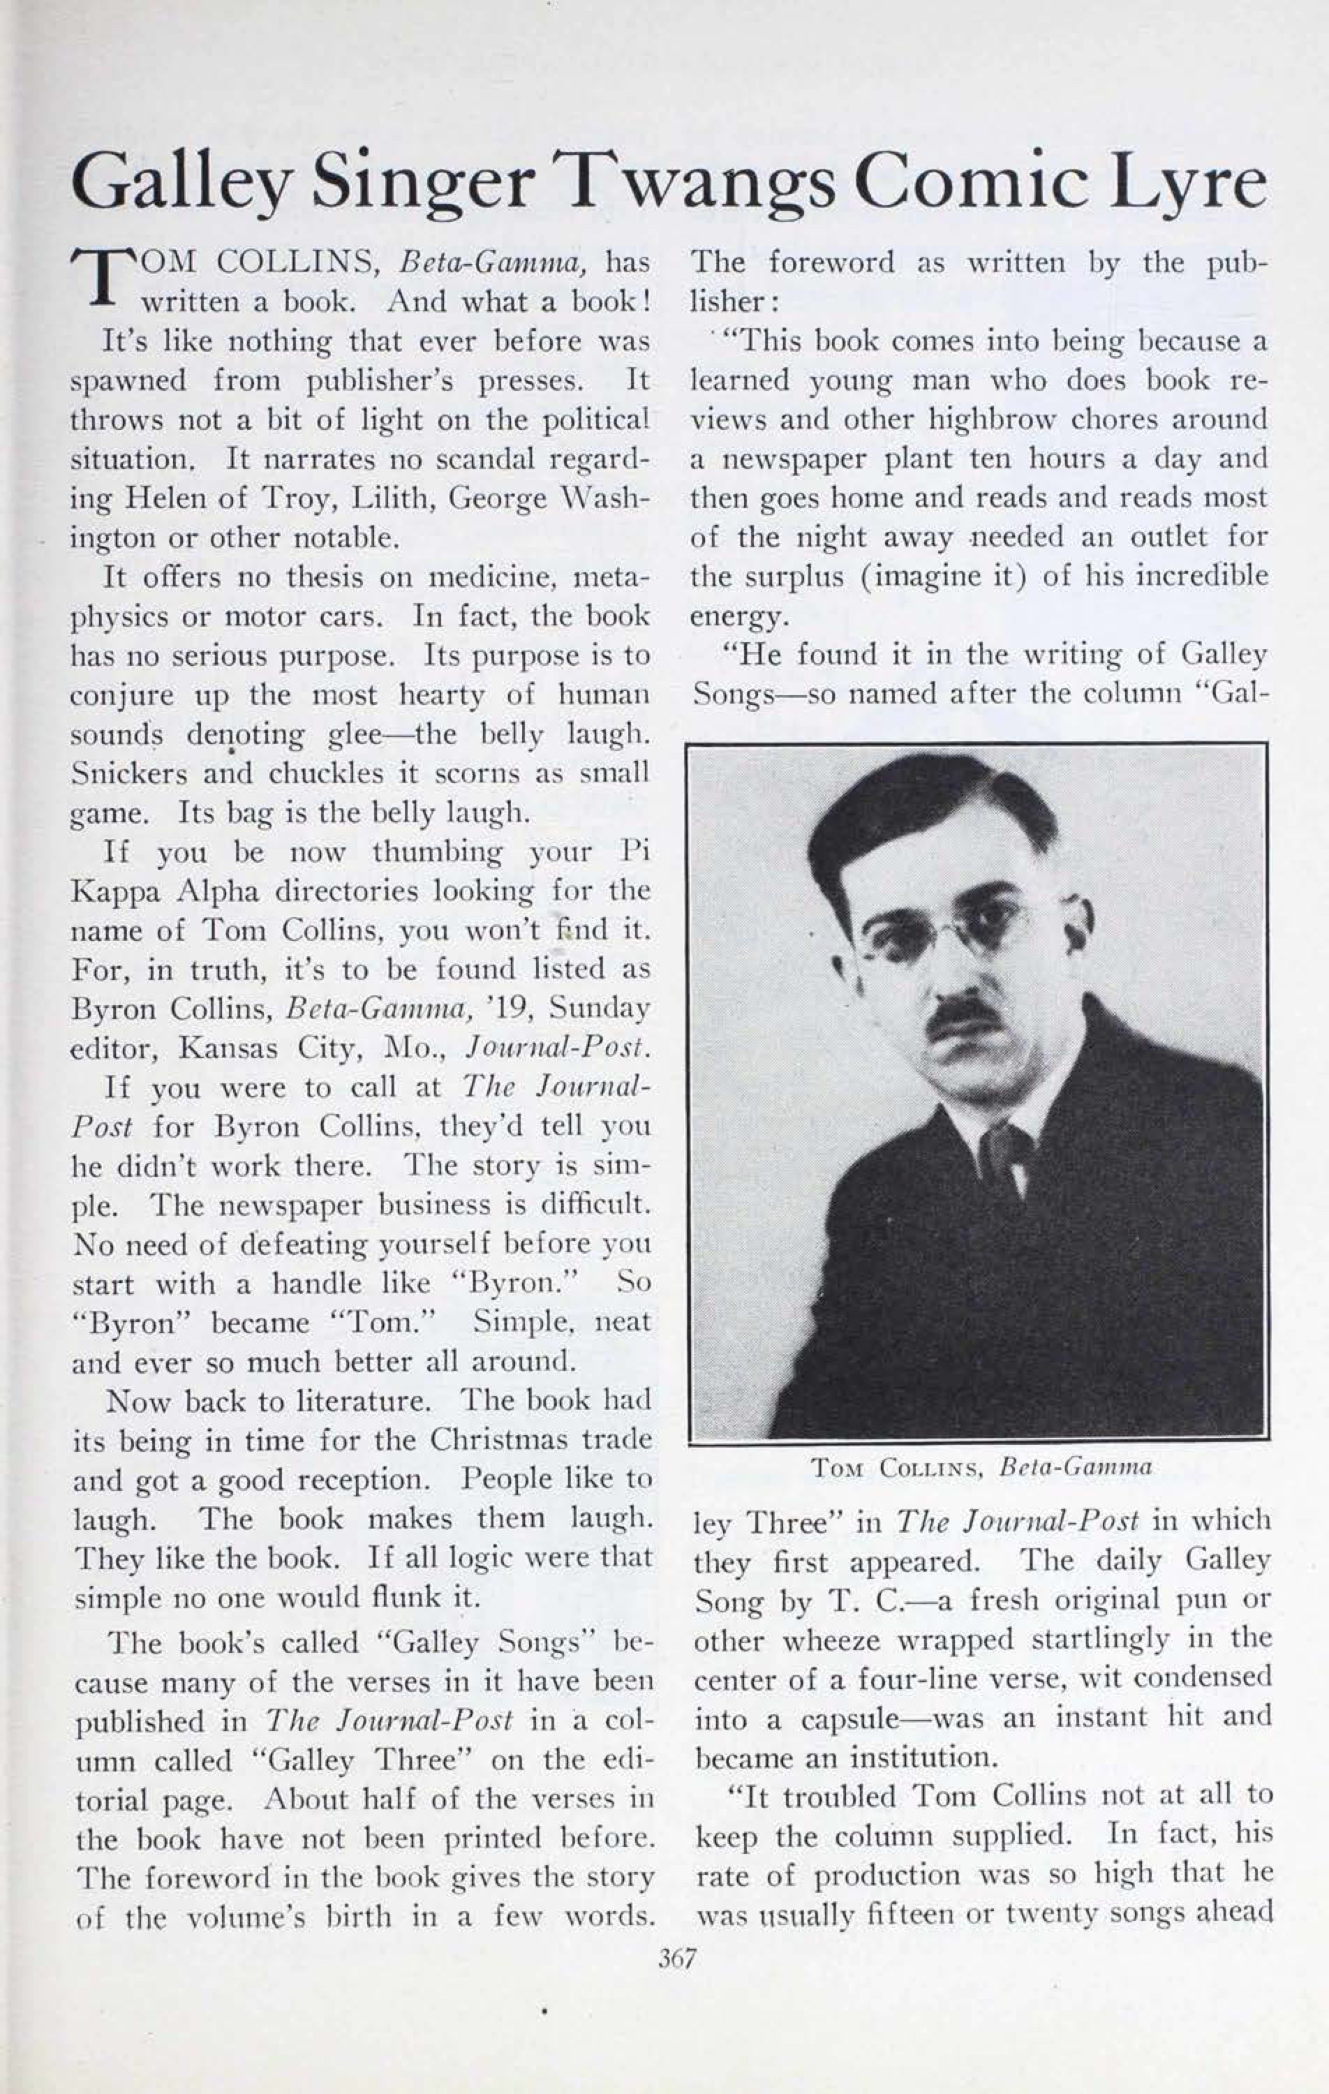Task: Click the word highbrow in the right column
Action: [990, 420]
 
